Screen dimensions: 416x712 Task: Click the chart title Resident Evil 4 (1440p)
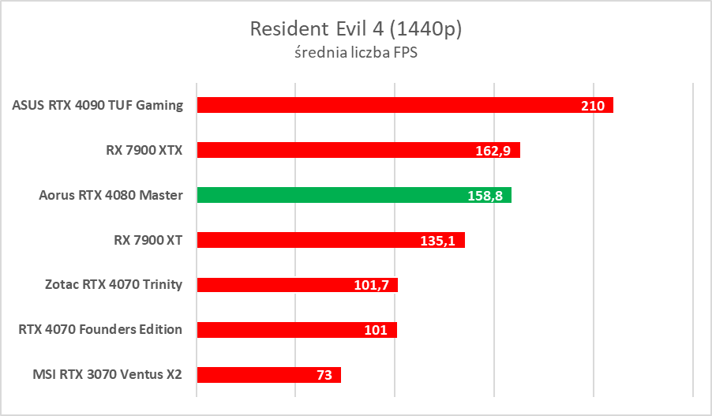pos(355,29)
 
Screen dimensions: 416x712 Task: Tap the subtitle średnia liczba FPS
pos(355,55)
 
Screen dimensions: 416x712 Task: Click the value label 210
pos(592,106)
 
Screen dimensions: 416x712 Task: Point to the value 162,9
pos(498,151)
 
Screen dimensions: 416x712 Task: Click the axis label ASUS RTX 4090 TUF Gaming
pos(98,105)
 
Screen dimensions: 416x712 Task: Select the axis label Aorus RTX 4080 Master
pos(111,195)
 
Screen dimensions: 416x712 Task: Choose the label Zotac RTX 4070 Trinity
pos(114,285)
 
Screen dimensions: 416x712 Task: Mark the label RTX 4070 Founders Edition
pos(100,330)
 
